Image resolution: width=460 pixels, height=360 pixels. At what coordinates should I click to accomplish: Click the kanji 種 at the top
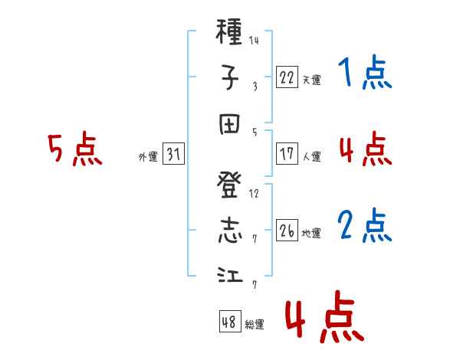[229, 31]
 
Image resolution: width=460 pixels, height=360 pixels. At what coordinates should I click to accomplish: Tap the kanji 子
[229, 77]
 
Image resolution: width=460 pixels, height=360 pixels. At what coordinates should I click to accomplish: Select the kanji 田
[229, 124]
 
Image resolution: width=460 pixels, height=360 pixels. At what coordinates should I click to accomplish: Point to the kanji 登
[229, 185]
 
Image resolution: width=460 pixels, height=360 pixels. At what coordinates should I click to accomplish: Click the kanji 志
[230, 231]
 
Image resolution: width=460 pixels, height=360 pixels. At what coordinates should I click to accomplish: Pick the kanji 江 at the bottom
[230, 275]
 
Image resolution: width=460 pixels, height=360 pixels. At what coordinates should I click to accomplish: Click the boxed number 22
[287, 77]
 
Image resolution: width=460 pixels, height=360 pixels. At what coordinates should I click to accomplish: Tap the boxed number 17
[287, 154]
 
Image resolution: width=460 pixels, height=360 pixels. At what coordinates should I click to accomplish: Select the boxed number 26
[287, 230]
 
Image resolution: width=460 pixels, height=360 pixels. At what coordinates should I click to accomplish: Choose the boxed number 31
[173, 154]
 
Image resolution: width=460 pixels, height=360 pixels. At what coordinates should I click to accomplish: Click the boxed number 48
[230, 321]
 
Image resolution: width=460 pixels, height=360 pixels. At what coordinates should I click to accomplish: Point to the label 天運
[312, 80]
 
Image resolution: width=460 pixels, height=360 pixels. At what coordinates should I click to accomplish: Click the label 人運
[312, 156]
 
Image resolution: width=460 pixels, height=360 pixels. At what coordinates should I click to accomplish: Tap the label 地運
[311, 234]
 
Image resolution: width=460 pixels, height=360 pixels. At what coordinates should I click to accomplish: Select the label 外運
[148, 157]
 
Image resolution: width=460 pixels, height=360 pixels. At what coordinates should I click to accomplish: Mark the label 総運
[255, 324]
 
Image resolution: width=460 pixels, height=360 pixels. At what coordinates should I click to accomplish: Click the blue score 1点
[365, 72]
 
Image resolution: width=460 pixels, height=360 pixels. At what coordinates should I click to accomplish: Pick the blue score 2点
[365, 225]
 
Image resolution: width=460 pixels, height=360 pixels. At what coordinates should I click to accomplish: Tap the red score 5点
[75, 149]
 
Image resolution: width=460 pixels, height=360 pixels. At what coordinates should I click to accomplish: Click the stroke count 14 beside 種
[254, 40]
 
